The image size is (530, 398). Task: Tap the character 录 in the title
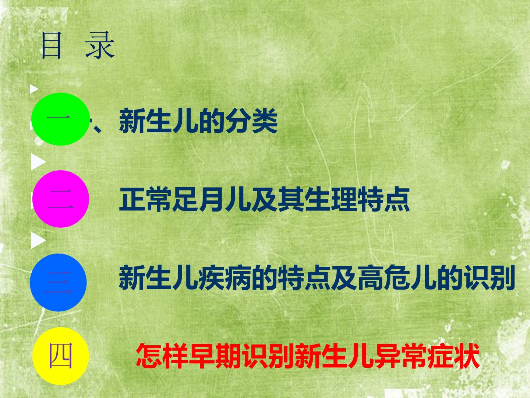pos(100,46)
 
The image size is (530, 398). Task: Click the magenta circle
pos(61,199)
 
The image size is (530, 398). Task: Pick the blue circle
pos(58,282)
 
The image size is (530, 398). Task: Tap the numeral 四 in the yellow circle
pos(61,356)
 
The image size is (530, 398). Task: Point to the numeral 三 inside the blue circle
pos(58,282)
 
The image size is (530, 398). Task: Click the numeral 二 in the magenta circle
pos(60,199)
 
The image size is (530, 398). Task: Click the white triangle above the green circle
pos(34,89)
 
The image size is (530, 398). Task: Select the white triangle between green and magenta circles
pos(38,162)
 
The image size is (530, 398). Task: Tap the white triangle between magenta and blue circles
pos(38,240)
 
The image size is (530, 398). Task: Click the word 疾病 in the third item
pos(225,277)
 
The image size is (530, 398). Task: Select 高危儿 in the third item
pos(397,277)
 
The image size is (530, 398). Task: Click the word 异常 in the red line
pos(400,356)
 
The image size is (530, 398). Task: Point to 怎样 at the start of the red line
pos(162,356)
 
